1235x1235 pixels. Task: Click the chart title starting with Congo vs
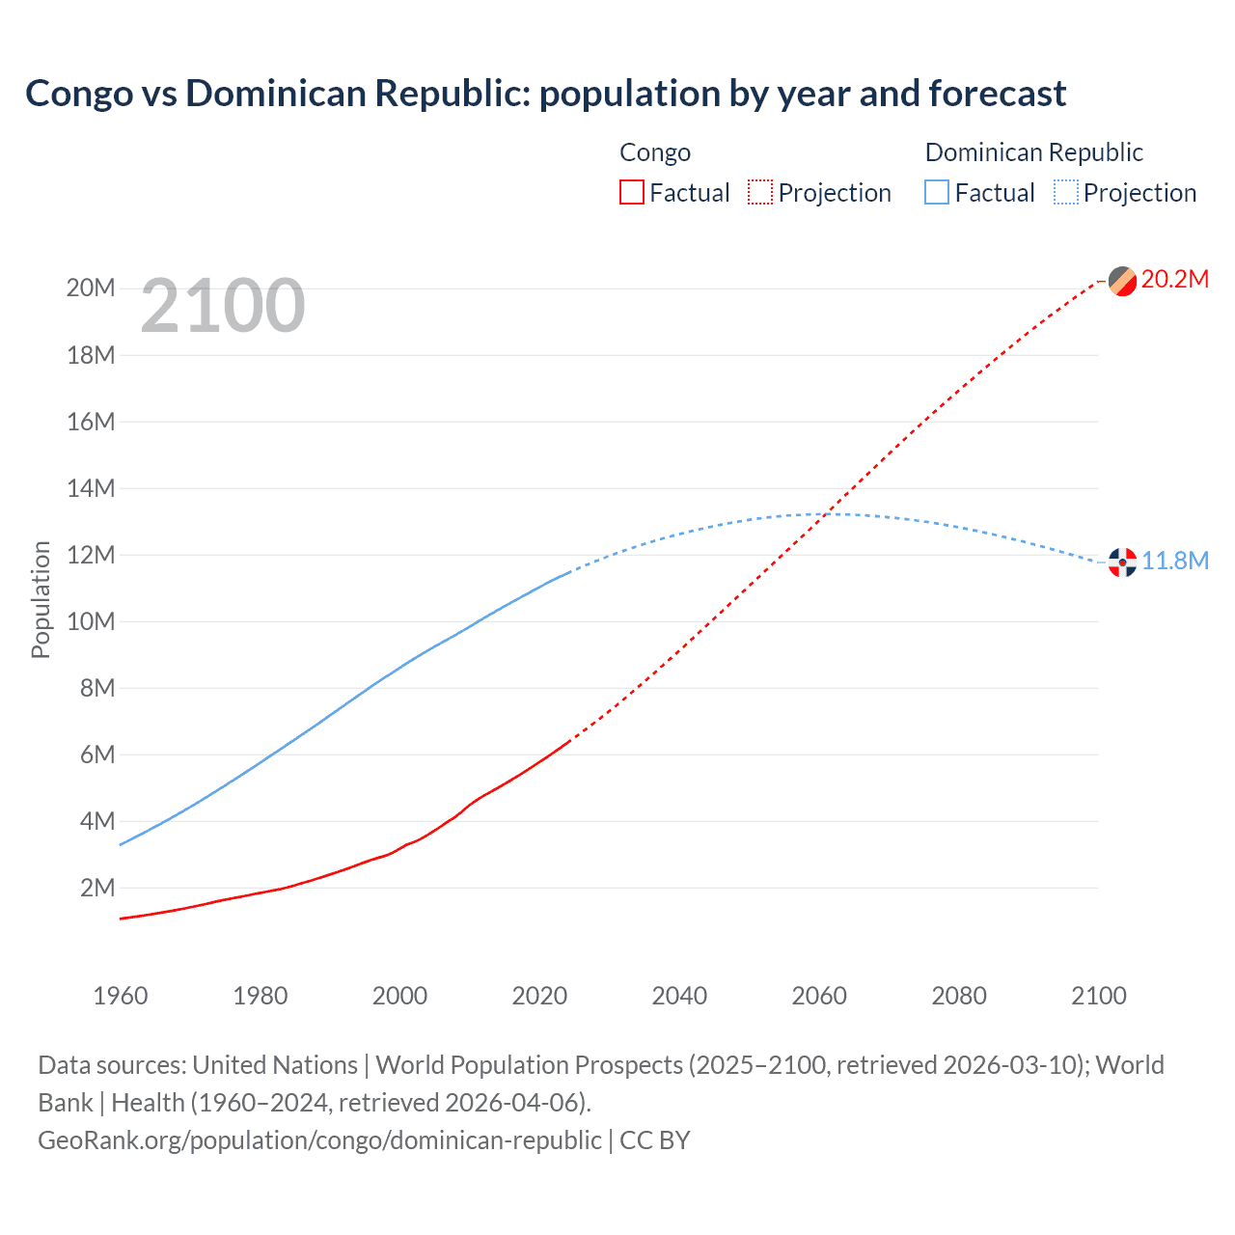[x=545, y=94]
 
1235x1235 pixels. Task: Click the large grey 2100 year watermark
[x=223, y=307]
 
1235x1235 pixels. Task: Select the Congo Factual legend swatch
[x=632, y=192]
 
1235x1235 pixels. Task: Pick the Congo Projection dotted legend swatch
[x=760, y=192]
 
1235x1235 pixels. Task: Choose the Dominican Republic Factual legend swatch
[x=937, y=192]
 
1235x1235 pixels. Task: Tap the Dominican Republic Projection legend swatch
[x=1066, y=192]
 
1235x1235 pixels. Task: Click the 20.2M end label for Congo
[x=1174, y=280]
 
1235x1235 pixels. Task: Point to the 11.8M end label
[x=1174, y=562]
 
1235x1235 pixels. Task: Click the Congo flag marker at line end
[x=1122, y=281]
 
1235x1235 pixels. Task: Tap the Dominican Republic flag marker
[x=1122, y=563]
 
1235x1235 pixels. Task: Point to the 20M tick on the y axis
[x=91, y=288]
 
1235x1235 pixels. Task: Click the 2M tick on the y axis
[x=97, y=888]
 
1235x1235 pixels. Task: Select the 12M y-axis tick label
[x=91, y=555]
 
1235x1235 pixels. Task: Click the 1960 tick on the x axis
[x=121, y=996]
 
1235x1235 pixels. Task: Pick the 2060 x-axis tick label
[x=819, y=996]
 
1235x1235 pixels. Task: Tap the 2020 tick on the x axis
[x=539, y=996]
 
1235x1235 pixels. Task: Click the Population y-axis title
[x=41, y=599]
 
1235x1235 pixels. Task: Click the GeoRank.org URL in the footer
[x=319, y=1140]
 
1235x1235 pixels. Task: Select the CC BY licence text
[x=655, y=1140]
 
